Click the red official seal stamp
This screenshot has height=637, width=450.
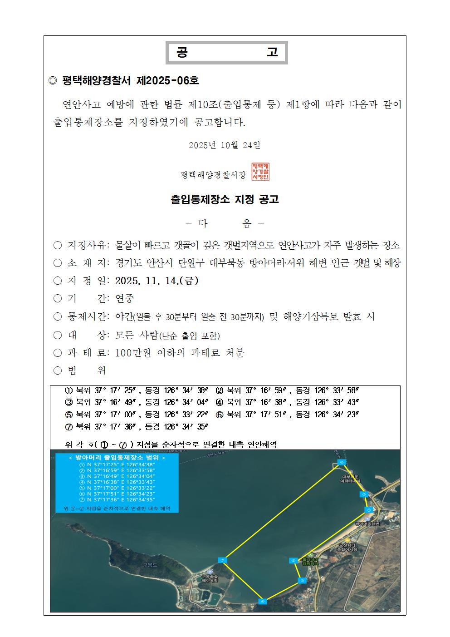click(x=260, y=171)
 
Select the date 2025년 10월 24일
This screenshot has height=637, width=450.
click(x=225, y=145)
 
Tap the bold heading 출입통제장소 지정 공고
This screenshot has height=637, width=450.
click(x=225, y=199)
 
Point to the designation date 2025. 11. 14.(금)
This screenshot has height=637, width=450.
click(x=157, y=281)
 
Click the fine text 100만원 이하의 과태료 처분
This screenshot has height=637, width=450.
click(x=180, y=353)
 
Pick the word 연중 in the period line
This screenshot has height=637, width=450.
click(x=125, y=299)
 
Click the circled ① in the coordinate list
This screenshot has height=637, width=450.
click(x=69, y=390)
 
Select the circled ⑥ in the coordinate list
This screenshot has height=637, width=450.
click(x=220, y=415)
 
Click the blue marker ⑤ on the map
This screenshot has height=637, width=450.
click(x=222, y=560)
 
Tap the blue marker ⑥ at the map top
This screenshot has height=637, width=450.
click(x=342, y=462)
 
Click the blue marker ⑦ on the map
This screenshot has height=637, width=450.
click(x=363, y=494)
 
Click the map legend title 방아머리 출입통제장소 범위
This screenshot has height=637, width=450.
click(x=117, y=458)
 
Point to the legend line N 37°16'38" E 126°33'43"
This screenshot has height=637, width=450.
click(x=117, y=482)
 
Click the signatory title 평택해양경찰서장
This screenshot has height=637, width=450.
click(x=213, y=175)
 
